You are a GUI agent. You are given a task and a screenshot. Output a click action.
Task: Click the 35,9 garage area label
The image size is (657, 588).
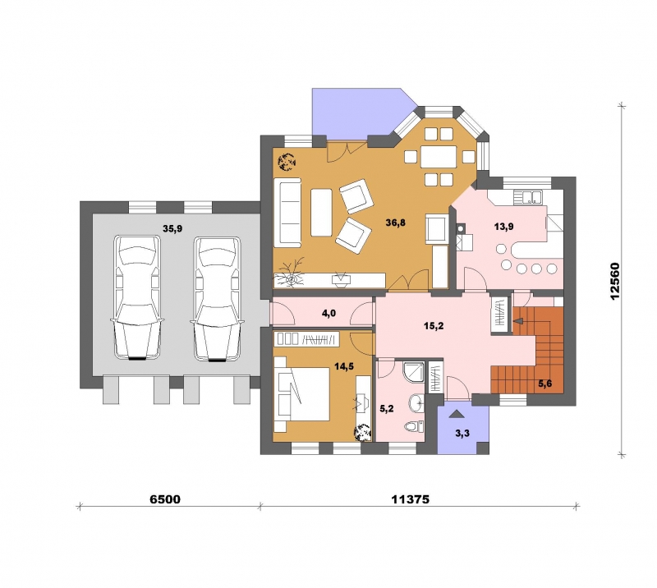coord(172,228)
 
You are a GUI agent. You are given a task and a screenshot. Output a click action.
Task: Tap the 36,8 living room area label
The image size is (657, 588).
coord(396,222)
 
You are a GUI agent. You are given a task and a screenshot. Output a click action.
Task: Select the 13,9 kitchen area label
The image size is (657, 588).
coord(503,227)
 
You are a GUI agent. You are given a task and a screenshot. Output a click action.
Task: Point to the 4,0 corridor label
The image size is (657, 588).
coord(328,313)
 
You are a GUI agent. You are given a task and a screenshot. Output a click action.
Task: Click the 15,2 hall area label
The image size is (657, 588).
coord(434,326)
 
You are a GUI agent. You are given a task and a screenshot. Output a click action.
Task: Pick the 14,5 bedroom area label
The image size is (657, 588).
coord(344,366)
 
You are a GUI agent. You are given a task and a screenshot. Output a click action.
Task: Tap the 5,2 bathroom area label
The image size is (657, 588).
coord(386,408)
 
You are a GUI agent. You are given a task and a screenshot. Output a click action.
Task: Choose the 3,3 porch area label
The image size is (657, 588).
coord(462,434)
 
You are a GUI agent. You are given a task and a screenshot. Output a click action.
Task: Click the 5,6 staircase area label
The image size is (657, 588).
coord(545,384)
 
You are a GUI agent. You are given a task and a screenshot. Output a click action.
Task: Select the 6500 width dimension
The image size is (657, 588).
coord(165,499)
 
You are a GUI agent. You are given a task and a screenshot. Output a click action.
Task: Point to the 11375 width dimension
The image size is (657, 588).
coord(411,499)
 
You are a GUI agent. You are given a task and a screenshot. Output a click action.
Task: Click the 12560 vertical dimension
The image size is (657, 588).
coord(614,281)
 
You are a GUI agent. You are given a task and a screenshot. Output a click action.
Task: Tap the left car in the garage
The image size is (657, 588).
coord(137,298)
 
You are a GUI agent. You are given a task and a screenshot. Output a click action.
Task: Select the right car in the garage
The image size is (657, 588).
coord(217,298)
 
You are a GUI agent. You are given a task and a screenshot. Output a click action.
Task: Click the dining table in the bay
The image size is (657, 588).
coord(439,157)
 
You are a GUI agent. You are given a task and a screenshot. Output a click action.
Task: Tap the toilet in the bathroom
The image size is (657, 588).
coord(415,427)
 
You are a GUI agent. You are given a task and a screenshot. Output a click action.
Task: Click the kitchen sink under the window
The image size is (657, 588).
coord(529,197)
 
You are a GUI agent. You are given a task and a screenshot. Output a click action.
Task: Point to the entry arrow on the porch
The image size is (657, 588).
coord(457,414)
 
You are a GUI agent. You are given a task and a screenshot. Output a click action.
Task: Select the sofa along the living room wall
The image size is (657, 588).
coord(287,212)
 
